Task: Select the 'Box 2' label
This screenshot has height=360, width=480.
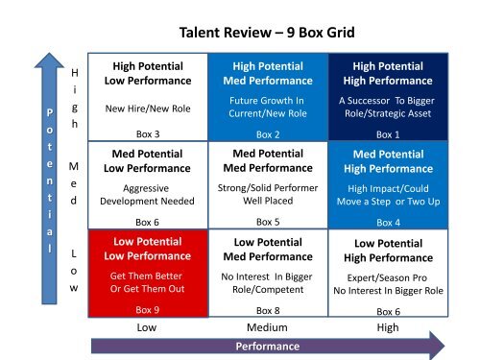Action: coord(268,134)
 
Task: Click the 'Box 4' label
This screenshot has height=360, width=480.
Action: coord(390,222)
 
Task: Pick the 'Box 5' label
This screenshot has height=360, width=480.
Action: coord(268,222)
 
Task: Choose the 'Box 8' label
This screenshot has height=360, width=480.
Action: coord(268,310)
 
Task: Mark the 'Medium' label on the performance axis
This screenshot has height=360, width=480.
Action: coord(268,326)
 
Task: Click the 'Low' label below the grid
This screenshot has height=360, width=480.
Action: coord(148,326)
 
